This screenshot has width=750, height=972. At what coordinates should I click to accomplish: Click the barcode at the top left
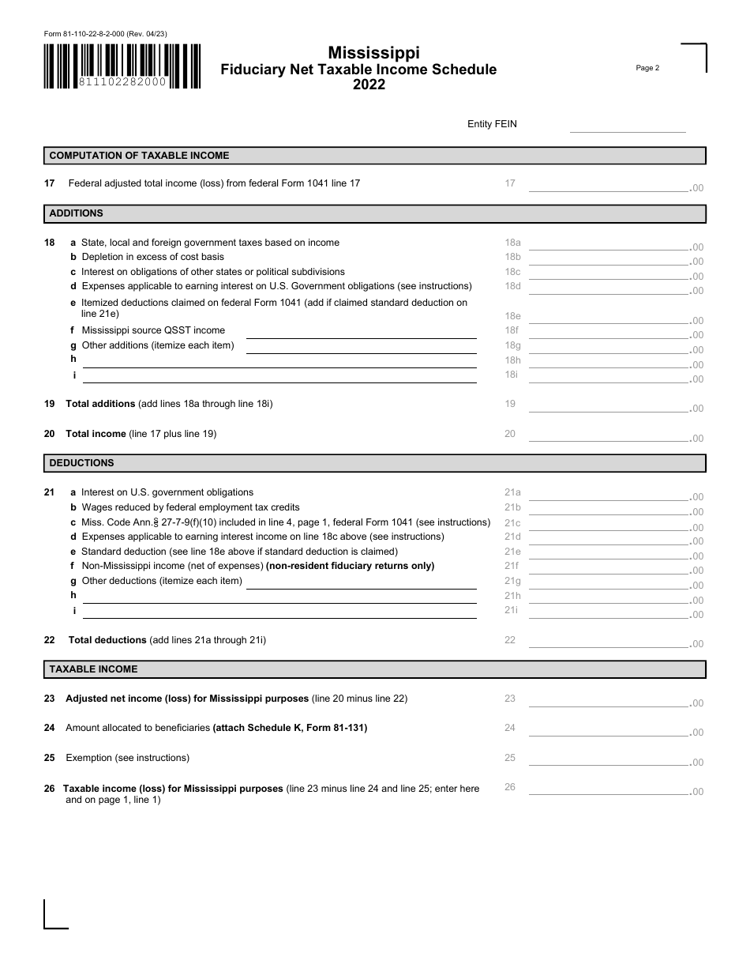coord(122,65)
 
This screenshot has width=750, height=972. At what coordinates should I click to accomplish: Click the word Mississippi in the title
coord(373,52)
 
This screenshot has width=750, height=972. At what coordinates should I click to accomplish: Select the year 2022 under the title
coord(369,85)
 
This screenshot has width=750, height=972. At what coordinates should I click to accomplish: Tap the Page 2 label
coord(647,68)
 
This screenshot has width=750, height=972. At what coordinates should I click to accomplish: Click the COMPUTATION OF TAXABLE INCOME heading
coord(140,156)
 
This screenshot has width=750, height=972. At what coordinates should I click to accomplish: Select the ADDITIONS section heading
coord(77,213)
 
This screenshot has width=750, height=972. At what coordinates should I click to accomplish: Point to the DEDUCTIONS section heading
coord(82,463)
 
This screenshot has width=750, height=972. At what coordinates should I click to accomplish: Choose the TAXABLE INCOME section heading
coord(94,669)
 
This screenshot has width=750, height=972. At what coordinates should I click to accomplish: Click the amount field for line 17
coord(608,185)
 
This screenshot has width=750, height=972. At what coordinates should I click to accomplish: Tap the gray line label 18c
coord(512,272)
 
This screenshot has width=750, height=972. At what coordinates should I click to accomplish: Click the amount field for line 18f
coord(608,332)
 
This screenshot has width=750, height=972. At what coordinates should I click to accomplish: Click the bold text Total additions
coord(100,404)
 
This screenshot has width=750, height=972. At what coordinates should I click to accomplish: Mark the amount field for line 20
coord(608,435)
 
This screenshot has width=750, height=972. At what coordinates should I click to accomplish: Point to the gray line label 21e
coord(512,552)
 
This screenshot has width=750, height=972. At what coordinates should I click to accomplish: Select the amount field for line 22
coord(608,641)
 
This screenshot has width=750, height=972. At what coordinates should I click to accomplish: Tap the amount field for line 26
coord(608,788)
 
